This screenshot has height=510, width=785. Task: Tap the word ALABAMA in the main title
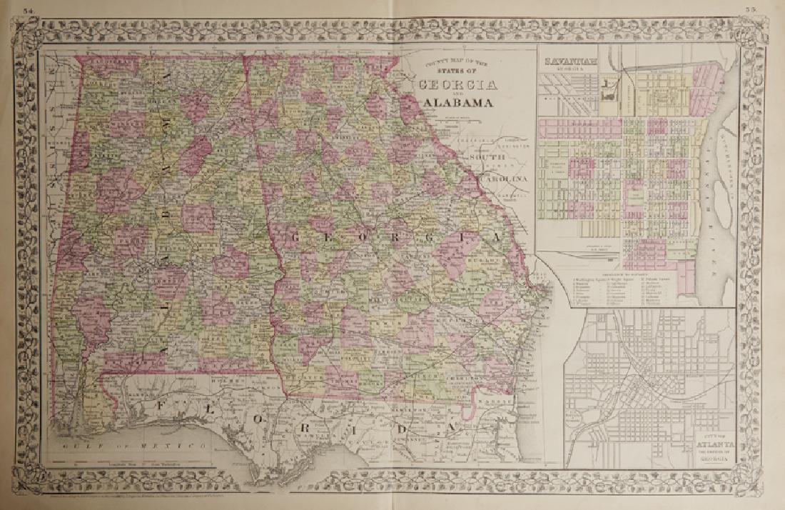[459, 103]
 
